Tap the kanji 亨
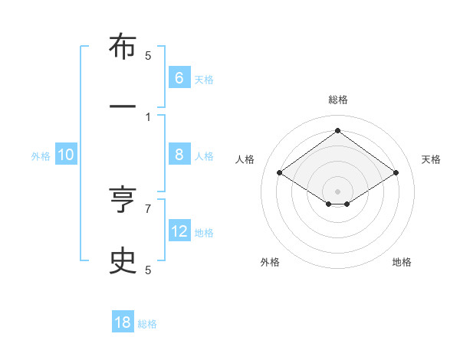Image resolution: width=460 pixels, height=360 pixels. tap(123, 200)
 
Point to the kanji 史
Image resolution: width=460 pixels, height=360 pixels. tap(123, 260)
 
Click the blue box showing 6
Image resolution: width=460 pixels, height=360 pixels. tap(179, 77)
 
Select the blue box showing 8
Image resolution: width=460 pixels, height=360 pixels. tap(179, 154)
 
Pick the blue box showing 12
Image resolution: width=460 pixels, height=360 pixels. tap(179, 231)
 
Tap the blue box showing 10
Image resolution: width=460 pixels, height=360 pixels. tap(66, 155)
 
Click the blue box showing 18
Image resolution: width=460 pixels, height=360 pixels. tap(123, 322)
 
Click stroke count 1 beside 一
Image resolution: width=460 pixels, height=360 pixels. tap(148, 116)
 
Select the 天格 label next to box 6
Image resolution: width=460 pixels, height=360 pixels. tap(204, 79)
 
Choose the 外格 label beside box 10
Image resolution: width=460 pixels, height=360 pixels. tap(41, 155)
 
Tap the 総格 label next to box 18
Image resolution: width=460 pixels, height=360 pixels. tap(147, 324)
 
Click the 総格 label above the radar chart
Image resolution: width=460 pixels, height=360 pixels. tap(337, 100)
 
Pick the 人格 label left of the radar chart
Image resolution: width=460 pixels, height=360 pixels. tap(245, 159)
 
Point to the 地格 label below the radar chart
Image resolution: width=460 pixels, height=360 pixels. tap(402, 262)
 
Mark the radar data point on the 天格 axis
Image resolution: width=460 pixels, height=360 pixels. tap(396, 173)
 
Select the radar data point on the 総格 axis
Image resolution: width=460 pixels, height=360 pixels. tap(337, 131)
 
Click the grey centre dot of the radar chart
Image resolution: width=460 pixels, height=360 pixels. tap(337, 190)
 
